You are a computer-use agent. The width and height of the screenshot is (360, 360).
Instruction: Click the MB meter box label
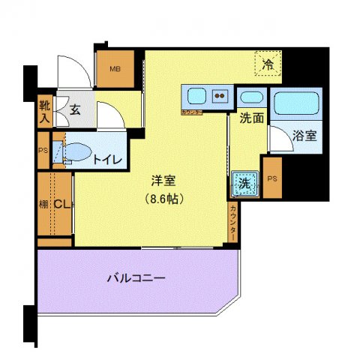115,70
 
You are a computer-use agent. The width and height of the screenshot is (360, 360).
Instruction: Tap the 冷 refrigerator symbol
267,65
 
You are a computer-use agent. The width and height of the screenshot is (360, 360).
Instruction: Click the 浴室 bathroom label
304,136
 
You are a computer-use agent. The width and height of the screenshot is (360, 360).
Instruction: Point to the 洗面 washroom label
250,118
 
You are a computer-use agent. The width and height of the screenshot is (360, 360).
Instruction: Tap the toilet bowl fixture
76,149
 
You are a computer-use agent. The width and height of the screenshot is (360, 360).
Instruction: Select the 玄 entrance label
76,109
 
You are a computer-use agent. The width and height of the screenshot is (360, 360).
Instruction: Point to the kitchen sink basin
197,96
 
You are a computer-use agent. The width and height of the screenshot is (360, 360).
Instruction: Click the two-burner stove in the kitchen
220,96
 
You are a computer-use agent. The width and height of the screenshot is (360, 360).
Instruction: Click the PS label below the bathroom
271,178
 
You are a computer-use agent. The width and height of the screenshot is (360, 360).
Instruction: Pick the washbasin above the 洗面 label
250,97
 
